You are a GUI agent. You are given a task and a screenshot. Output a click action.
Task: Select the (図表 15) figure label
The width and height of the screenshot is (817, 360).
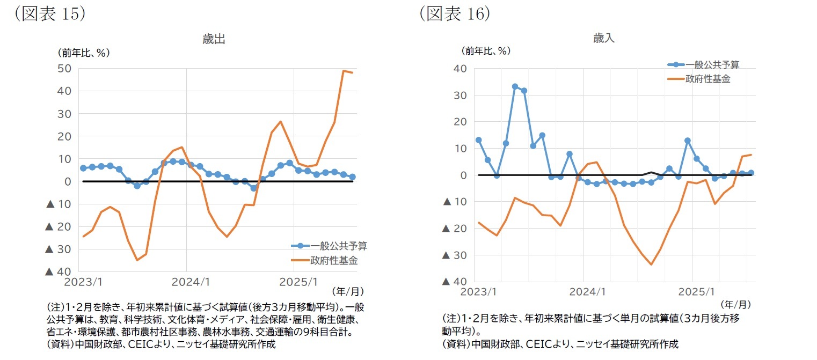pyautogui.click(x=49, y=13)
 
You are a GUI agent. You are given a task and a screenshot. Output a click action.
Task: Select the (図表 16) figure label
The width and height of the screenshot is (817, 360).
pyautogui.click(x=455, y=13)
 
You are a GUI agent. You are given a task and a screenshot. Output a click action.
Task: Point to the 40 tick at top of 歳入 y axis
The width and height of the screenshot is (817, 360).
pyautogui.click(x=461, y=69)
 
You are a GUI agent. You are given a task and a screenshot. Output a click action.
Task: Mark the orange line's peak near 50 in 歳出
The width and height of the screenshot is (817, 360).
pyautogui.click(x=344, y=71)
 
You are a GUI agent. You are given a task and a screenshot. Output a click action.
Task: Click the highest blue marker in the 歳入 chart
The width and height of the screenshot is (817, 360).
pyautogui.click(x=515, y=86)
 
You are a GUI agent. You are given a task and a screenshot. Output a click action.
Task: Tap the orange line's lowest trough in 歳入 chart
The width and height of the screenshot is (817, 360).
pyautogui.click(x=651, y=265)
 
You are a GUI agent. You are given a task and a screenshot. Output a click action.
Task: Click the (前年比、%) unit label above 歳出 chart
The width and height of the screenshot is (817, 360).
pyautogui.click(x=84, y=53)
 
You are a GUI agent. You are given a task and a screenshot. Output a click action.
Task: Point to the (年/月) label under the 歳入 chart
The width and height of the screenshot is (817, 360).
pyautogui.click(x=735, y=304)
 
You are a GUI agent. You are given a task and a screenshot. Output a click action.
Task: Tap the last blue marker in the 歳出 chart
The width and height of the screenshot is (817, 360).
pyautogui.click(x=353, y=177)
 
